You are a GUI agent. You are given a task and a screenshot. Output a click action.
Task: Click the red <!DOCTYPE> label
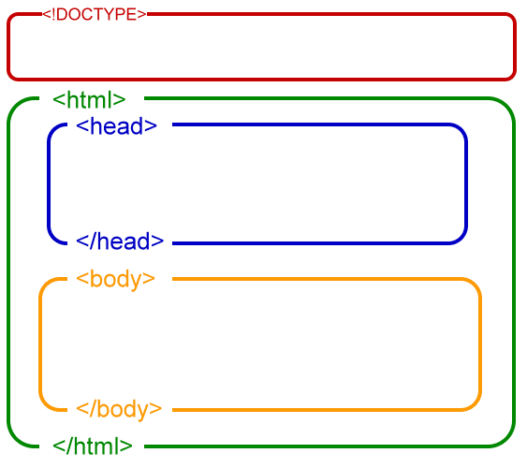pyautogui.click(x=95, y=14)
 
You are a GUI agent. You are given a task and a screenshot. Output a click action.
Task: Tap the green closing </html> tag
pyautogui.click(x=93, y=446)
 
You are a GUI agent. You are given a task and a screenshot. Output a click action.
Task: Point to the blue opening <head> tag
pyautogui.click(x=116, y=126)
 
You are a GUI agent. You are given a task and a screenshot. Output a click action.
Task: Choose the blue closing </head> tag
pyautogui.click(x=120, y=241)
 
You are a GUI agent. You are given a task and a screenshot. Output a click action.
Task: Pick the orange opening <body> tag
pyautogui.click(x=115, y=279)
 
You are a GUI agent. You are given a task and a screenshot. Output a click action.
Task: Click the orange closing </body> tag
pyautogui.click(x=119, y=409)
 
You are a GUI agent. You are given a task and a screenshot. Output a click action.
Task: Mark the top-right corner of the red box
pyautogui.click(x=512, y=17)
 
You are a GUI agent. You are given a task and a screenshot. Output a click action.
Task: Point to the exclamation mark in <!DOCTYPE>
pyautogui.click(x=51, y=14)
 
